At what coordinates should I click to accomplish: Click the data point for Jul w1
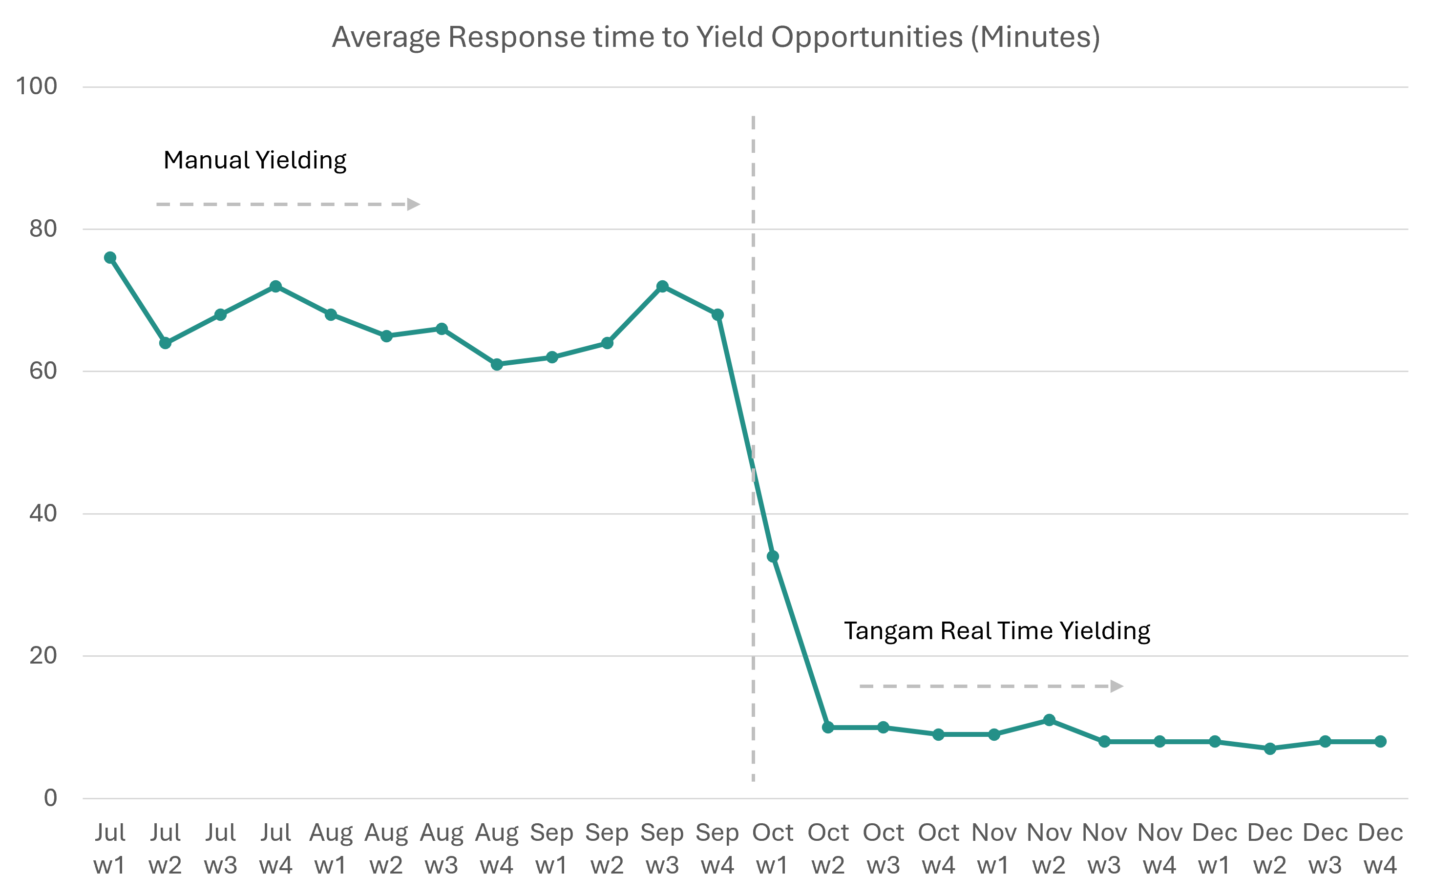point(110,258)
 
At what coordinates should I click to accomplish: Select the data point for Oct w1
point(773,557)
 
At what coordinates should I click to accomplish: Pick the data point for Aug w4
point(497,364)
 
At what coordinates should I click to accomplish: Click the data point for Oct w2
point(828,727)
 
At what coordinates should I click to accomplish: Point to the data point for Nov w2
point(1049,720)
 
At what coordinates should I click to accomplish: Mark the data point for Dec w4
point(1380,741)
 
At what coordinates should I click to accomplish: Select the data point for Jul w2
point(166,343)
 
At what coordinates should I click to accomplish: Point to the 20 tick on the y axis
point(42,655)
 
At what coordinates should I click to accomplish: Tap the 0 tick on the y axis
point(50,798)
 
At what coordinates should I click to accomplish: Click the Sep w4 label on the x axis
point(717,849)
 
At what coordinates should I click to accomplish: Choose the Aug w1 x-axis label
point(331,849)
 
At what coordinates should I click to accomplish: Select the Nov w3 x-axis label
point(1104,849)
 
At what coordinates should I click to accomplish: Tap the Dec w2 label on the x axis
point(1269,849)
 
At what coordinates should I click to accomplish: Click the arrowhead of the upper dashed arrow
point(413,205)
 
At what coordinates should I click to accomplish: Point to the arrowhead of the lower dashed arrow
point(1116,686)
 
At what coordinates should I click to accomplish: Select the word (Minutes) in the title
point(1035,37)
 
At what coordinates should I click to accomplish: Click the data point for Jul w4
point(275,286)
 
